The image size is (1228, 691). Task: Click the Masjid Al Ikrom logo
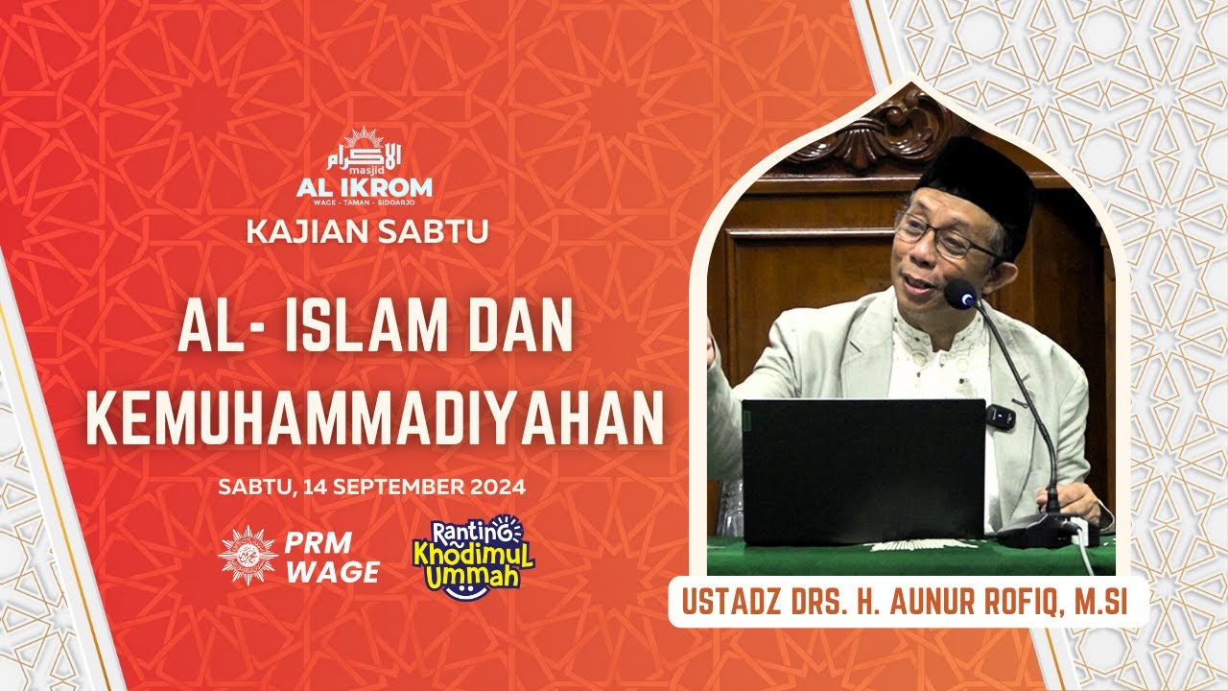point(365,166)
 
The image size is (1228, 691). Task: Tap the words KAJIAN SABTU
point(367,231)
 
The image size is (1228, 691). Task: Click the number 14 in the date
point(314,487)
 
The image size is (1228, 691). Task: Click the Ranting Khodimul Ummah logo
point(473,558)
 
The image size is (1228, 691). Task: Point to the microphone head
point(960,293)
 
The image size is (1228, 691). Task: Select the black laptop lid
point(862,470)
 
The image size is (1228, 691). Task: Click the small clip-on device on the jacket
point(1000,417)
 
